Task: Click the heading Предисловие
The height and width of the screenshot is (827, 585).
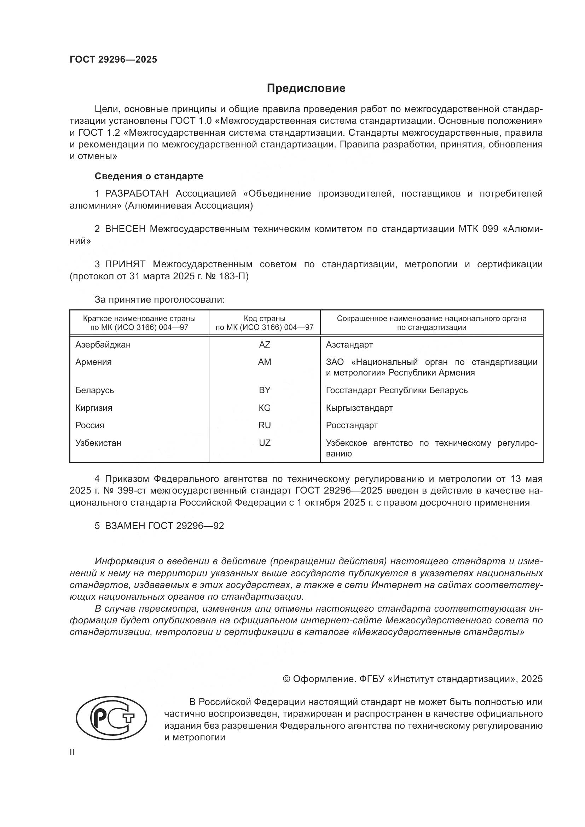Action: [x=306, y=88]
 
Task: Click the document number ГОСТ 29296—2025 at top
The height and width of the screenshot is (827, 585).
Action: [x=114, y=60]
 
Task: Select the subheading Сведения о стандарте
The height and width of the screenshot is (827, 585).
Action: [x=149, y=176]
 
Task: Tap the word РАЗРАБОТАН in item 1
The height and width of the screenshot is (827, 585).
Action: [x=137, y=194]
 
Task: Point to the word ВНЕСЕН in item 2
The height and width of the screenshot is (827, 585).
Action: [x=125, y=229]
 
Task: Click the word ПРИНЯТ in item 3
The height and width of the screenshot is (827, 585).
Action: [x=125, y=264]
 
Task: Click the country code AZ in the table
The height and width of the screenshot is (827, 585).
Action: [x=265, y=345]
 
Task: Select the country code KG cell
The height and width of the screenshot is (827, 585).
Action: [x=265, y=408]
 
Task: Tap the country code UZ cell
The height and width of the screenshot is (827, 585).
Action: [x=265, y=443]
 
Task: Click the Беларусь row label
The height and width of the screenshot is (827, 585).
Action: [x=95, y=390]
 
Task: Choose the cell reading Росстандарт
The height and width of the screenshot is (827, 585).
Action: [x=352, y=425]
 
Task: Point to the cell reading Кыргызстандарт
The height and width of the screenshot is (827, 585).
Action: [x=359, y=408]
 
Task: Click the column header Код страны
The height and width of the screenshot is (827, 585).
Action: [x=265, y=319]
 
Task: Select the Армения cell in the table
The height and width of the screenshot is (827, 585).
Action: [x=93, y=362]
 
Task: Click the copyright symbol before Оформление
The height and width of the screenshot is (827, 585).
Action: [x=286, y=679]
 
